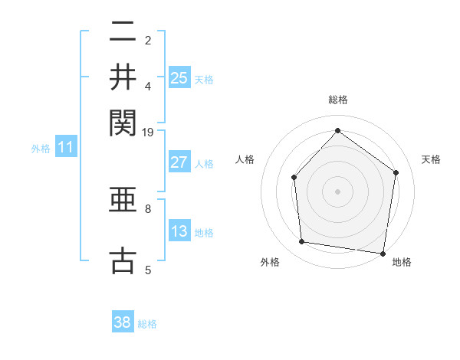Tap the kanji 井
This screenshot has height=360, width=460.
pos(123,76)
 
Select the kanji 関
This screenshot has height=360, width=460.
pos(123,121)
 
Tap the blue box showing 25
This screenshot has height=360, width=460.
pos(179,77)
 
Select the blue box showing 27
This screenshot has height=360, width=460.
pos(179,162)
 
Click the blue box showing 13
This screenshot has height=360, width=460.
pos(179,231)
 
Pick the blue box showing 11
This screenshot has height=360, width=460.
pos(65,147)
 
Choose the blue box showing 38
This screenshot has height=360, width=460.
pos(123,322)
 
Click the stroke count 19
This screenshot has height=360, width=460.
pos(148,132)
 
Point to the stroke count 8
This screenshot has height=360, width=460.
pos(148,208)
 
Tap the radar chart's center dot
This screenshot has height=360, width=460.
pos(337,191)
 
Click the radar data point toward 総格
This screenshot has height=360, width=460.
pos(337,130)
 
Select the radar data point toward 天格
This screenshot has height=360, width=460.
pos(396,172)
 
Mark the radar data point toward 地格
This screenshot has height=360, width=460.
pos(383,253)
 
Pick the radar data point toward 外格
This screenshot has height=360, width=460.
pos(302,242)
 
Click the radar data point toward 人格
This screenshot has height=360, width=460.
pos(294,178)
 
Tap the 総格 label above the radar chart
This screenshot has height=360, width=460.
pos(337,100)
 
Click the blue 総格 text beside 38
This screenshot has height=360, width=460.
pos(148,324)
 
